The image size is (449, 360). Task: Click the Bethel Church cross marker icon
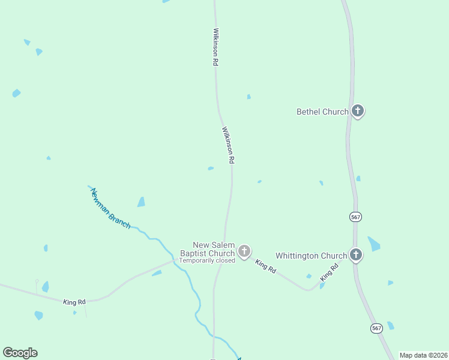coord(358,111)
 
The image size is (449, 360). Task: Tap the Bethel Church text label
coord(322,112)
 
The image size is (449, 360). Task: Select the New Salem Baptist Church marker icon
coord(244,251)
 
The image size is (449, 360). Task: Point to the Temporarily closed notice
coord(207,261)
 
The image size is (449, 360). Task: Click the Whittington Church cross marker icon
coord(356,255)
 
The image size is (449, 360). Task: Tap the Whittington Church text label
coord(311,256)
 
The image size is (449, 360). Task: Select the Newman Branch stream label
coord(110,208)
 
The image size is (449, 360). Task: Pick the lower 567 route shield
coord(376,328)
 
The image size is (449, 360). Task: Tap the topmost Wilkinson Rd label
coord(215,46)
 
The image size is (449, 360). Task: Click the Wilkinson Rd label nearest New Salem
coord(228,145)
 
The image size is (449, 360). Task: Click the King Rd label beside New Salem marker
coord(265,267)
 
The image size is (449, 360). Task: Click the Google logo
coord(20,353)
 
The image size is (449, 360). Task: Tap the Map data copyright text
coord(423,355)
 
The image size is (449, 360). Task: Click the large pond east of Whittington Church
coord(374,244)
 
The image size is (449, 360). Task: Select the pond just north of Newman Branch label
coord(141,202)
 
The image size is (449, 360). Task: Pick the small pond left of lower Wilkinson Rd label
coord(211,169)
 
